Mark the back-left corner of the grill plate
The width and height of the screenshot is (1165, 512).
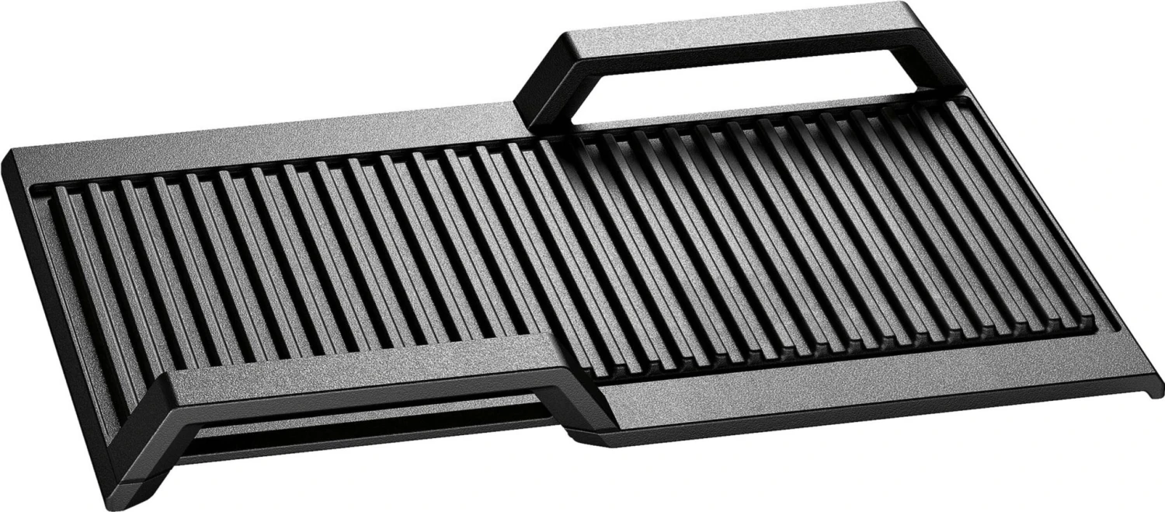coord(12,155)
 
